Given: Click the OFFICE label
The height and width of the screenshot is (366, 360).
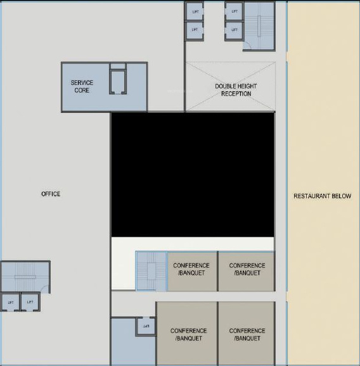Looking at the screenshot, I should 51,194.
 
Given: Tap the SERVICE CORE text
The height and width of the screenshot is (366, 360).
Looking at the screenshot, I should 82,87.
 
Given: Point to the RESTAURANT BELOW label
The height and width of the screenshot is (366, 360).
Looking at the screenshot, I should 322,196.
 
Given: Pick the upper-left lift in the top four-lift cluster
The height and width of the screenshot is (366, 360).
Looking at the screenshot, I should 195,11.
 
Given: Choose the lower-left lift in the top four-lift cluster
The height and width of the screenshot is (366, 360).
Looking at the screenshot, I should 195,29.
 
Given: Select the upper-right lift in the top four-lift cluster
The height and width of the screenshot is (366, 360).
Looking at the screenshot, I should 234,11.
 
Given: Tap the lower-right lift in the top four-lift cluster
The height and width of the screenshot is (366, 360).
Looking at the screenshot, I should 234,29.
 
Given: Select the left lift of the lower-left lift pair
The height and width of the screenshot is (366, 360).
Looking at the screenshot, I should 10,302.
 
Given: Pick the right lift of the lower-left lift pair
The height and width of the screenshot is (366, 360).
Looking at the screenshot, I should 30,302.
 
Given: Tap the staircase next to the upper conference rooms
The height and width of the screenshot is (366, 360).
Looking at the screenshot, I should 151,272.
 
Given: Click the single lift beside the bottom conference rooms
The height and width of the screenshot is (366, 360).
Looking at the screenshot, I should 146,327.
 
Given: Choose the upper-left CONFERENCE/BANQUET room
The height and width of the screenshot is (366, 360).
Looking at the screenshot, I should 192,271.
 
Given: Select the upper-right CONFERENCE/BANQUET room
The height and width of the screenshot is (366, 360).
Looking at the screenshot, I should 247,271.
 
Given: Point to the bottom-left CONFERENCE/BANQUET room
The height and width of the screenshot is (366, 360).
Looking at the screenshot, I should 188,334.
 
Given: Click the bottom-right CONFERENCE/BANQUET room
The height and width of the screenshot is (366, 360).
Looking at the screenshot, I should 247,334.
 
